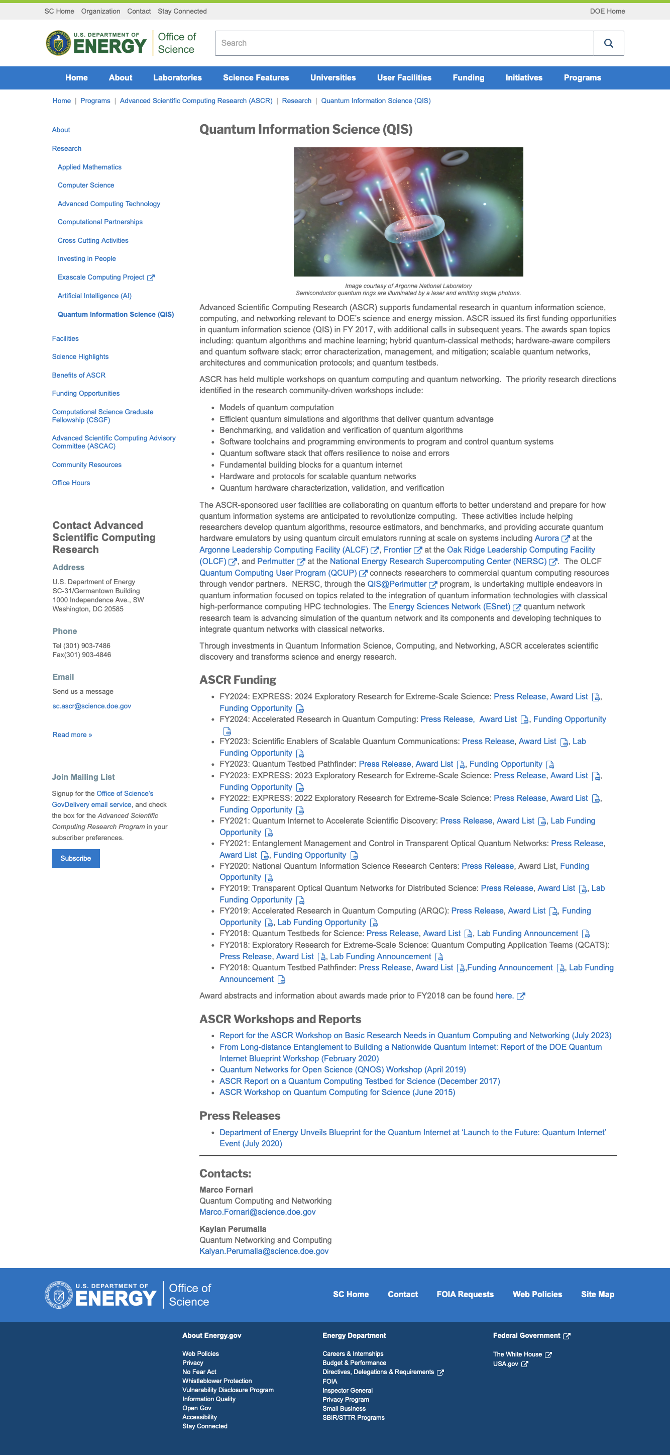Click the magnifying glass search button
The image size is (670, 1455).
click(x=609, y=44)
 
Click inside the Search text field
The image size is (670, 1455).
click(x=404, y=44)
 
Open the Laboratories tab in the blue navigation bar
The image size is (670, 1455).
click(x=177, y=78)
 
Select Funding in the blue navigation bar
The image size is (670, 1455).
click(x=468, y=78)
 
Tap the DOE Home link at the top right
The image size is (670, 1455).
click(x=607, y=11)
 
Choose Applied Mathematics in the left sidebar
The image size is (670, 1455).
click(x=89, y=167)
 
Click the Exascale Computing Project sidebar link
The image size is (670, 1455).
click(x=101, y=278)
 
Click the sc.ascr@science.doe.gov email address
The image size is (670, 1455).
click(x=91, y=706)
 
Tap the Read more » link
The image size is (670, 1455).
click(x=72, y=735)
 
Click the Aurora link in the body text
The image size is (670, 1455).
click(x=546, y=538)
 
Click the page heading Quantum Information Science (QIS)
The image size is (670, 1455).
click(x=305, y=129)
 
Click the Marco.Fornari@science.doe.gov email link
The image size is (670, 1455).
click(x=257, y=1212)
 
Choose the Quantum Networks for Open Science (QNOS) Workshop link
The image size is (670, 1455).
click(x=342, y=1070)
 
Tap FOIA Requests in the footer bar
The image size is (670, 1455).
click(x=465, y=1295)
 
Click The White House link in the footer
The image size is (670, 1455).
click(x=517, y=1354)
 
